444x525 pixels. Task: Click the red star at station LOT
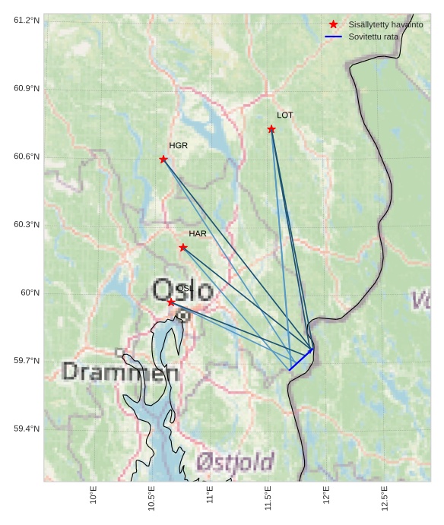[x=271, y=129]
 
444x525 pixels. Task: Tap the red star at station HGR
[x=163, y=159]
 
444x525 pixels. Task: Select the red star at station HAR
[x=183, y=247]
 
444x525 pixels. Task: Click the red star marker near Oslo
[x=171, y=302]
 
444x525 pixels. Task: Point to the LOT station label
[x=285, y=115]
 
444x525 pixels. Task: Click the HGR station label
[x=178, y=145]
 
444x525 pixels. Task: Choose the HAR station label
[x=198, y=233]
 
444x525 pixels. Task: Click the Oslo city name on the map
[x=182, y=289]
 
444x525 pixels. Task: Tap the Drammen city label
[x=120, y=372]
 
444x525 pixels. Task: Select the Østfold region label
[x=235, y=461]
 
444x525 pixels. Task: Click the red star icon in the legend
[x=333, y=24]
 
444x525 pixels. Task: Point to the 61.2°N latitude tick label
[x=27, y=20]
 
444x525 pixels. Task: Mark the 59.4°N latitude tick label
[x=27, y=429]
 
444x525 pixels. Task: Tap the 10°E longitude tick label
[x=94, y=496]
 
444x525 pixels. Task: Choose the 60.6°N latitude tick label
[x=27, y=157]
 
